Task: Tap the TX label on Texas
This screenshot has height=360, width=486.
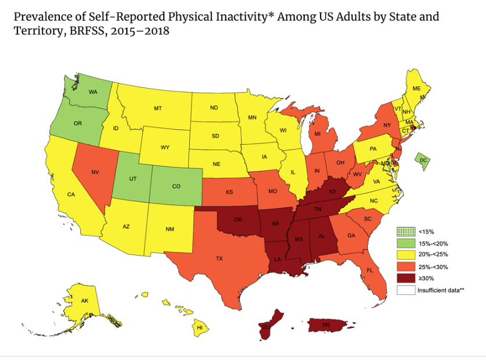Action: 219,258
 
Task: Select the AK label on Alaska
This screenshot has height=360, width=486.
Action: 85,301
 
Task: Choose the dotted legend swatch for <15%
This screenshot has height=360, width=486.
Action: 405,232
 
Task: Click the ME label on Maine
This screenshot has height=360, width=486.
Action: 417,89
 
